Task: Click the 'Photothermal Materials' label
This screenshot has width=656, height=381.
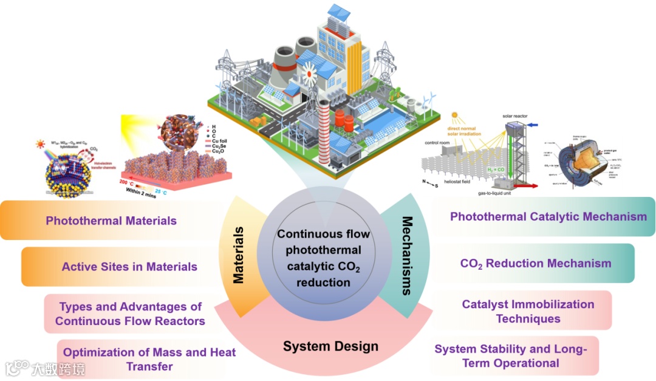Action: coord(111,221)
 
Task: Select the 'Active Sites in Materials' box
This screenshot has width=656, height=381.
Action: coord(129,266)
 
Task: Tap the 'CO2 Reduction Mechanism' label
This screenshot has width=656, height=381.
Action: coord(535,263)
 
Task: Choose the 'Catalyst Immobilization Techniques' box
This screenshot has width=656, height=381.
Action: coord(528,311)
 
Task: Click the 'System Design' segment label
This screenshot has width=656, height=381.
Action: coord(330,346)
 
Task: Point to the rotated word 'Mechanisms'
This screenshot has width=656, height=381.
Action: coord(407,256)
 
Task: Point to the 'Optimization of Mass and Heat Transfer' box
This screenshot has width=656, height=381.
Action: coord(149,359)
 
